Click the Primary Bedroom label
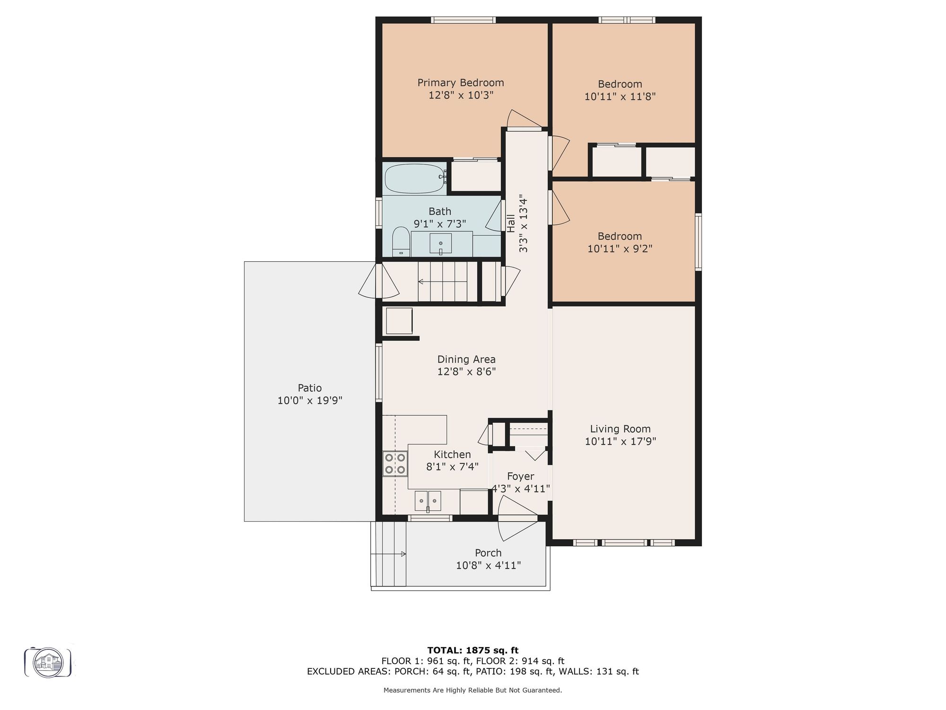(460, 83)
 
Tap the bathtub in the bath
(415, 179)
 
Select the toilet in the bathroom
(401, 241)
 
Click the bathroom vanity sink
(441, 244)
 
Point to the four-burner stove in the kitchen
(395, 463)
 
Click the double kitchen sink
(428, 501)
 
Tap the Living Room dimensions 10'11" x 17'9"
(620, 441)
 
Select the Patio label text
(310, 388)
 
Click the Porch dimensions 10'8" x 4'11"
(488, 565)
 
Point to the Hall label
(511, 223)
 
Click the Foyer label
(520, 476)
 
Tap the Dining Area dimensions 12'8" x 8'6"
(466, 372)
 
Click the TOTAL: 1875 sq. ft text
(473, 650)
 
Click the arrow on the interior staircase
(442, 282)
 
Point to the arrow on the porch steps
(388, 554)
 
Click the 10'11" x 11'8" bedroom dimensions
(620, 97)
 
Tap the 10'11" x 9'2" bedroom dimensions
(620, 248)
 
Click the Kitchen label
(452, 454)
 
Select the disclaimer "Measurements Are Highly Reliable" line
(473, 690)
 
